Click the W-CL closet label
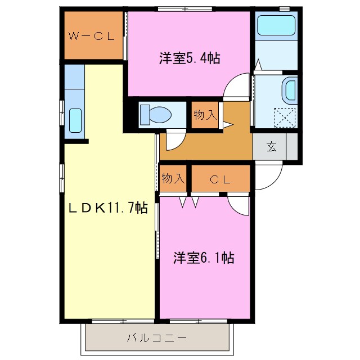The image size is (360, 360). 92,37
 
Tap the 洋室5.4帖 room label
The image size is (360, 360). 188,58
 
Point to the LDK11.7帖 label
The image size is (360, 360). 108,208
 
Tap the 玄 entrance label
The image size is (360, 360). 271,147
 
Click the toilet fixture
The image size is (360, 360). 156,114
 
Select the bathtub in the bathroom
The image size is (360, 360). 276,26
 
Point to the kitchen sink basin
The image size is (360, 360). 75,120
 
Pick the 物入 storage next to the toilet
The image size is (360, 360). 205,115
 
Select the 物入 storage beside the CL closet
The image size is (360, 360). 173,179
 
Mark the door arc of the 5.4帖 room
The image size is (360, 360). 235,87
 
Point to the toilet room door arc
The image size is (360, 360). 173,140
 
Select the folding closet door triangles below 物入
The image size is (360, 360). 189,201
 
